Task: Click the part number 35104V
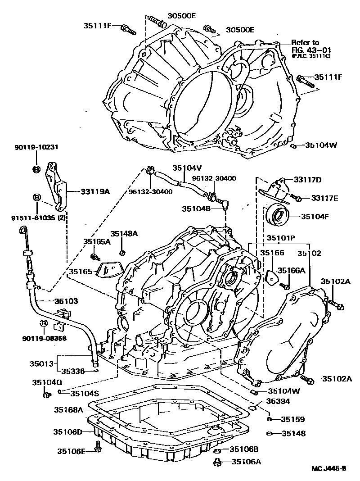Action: tap(187, 168)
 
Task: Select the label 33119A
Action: tap(95, 191)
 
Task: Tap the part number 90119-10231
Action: tap(36, 147)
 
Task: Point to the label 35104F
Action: tap(315, 216)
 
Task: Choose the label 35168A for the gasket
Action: tap(68, 410)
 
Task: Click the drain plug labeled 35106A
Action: tap(217, 461)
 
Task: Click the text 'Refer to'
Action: tap(305, 42)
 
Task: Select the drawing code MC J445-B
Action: tap(329, 468)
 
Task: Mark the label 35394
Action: tap(278, 401)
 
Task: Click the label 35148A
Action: tap(124, 234)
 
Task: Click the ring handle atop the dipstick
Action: tap(22, 231)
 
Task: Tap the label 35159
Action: tap(293, 419)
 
